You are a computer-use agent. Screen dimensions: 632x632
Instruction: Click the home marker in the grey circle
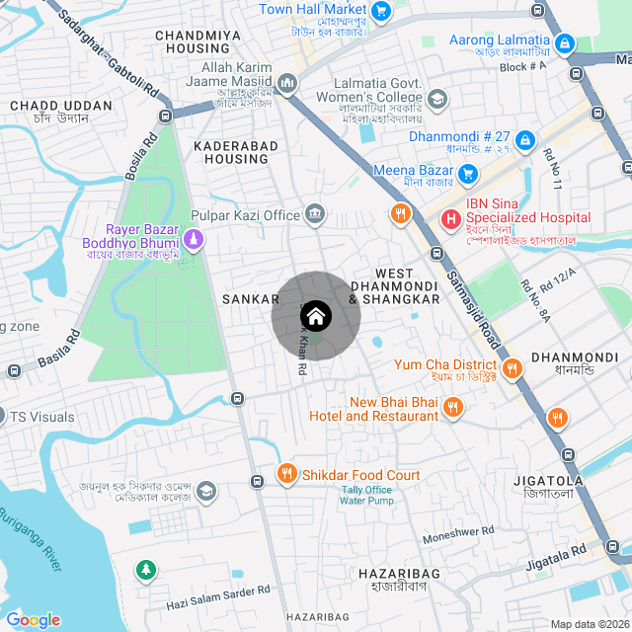(x=316, y=316)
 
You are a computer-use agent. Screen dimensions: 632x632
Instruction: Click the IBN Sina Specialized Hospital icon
(x=450, y=218)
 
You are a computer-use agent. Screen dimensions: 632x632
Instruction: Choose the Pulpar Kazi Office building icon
(x=315, y=212)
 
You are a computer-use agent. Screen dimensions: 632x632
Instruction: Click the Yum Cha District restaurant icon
(x=512, y=369)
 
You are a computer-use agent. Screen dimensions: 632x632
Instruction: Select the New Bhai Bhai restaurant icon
(x=452, y=407)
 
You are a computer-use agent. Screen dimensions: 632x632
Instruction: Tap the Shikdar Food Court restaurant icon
(x=286, y=474)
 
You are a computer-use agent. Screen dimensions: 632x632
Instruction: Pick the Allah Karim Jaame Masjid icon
(x=287, y=82)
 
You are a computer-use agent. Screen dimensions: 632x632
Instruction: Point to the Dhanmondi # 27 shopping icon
(x=524, y=140)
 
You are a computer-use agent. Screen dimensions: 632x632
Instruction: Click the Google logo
(x=33, y=619)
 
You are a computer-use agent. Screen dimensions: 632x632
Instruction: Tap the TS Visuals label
(x=42, y=417)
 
